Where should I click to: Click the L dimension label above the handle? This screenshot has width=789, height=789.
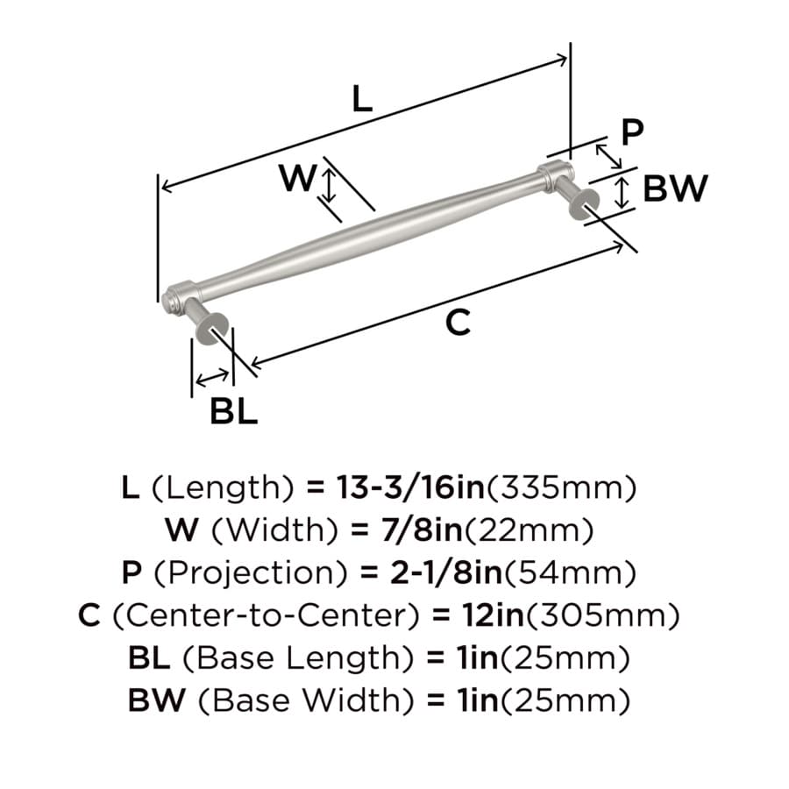362,98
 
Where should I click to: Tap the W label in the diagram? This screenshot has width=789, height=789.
298,178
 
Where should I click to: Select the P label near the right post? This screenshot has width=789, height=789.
632,132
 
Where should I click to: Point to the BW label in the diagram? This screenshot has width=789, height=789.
675,188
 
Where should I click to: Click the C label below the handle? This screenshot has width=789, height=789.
458,323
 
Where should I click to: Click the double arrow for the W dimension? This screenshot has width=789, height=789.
329,186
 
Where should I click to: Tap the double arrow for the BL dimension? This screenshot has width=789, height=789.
212,378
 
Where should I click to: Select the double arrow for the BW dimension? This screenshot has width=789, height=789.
622,193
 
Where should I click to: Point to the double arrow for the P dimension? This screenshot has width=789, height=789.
608,157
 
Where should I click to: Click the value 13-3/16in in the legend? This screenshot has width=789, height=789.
410,487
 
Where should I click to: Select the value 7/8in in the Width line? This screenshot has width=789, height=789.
422,530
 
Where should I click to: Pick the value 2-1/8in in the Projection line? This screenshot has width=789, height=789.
446,572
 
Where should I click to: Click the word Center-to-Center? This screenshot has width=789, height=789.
266,615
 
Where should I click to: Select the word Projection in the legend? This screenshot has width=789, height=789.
250,573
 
